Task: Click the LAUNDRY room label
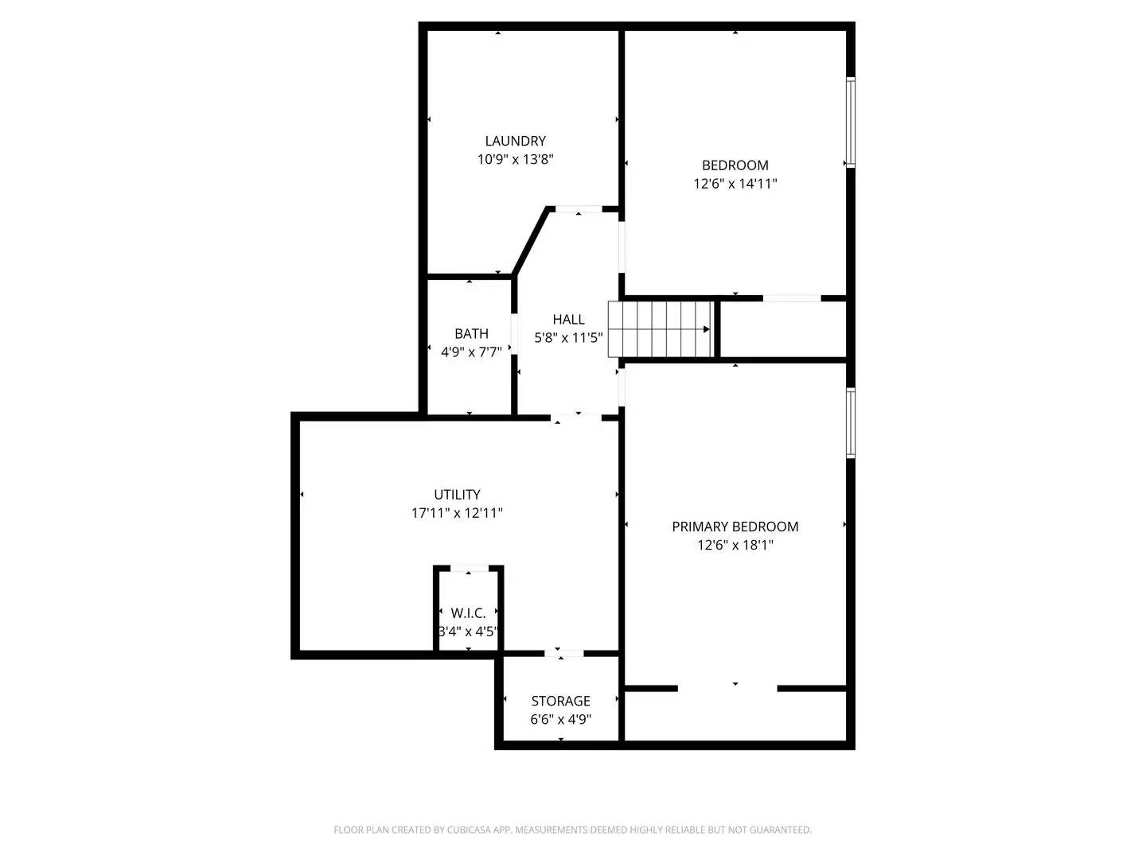pos(515,141)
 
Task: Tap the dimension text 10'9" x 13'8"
pos(515,159)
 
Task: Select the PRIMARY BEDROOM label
pos(735,527)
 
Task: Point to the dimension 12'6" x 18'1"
pos(735,545)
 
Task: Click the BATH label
pos(471,333)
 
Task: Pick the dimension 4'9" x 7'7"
pos(471,352)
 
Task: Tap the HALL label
pos(568,319)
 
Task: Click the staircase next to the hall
pos(661,329)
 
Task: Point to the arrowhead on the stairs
pos(707,329)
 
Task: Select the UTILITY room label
pos(457,494)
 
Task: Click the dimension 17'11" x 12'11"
pos(457,513)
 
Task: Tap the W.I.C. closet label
pos(468,613)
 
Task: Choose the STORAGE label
pos(560,701)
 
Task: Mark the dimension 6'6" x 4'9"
pos(560,720)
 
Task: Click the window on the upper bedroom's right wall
pos(850,122)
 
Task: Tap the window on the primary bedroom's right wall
pos(850,423)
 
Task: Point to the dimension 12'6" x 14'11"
pos(735,184)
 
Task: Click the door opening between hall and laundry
pos(579,209)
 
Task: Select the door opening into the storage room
pos(563,654)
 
